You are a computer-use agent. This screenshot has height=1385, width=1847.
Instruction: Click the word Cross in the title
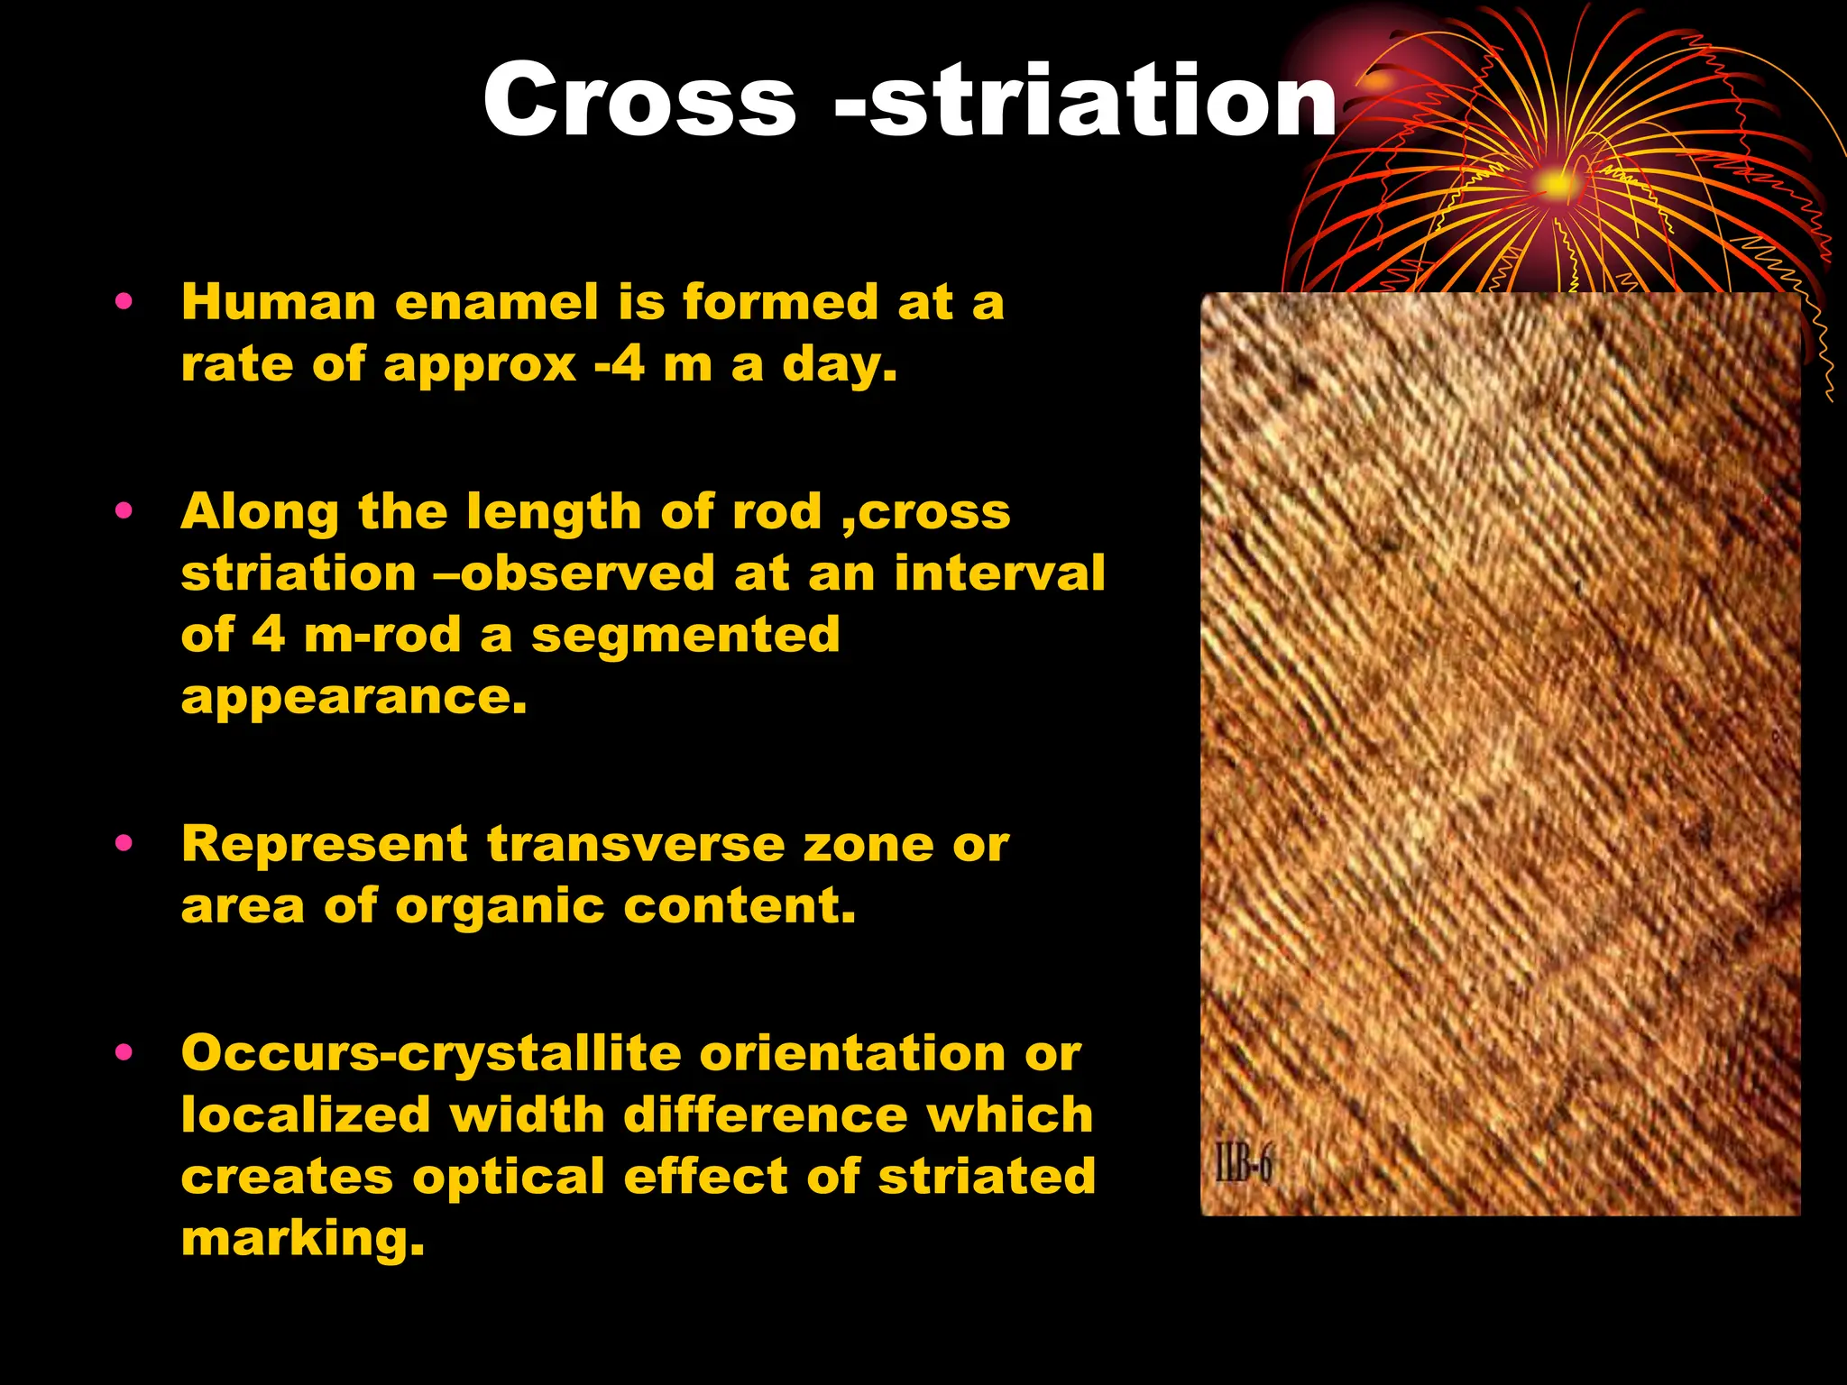click(x=639, y=101)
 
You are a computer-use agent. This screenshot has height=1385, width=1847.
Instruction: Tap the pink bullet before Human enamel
click(x=124, y=301)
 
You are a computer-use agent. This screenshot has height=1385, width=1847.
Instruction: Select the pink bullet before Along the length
click(x=124, y=511)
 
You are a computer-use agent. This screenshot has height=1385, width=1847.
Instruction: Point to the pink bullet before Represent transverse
click(x=124, y=844)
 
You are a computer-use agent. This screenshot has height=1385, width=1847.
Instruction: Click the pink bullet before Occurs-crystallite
click(x=124, y=1052)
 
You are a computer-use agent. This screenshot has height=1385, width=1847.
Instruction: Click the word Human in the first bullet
click(x=278, y=302)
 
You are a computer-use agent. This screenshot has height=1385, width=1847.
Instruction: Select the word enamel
click(x=496, y=302)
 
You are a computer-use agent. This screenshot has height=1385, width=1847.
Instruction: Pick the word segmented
click(x=685, y=635)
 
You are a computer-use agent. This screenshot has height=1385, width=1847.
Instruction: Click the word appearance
click(x=354, y=698)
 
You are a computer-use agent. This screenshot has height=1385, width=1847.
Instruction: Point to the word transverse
click(x=635, y=845)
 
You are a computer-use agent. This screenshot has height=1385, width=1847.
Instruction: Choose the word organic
click(x=499, y=906)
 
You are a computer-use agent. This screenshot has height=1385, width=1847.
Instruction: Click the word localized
click(x=306, y=1115)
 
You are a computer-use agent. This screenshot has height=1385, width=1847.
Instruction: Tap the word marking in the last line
click(x=302, y=1240)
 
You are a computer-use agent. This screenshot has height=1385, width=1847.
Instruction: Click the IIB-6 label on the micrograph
click(x=1243, y=1164)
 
